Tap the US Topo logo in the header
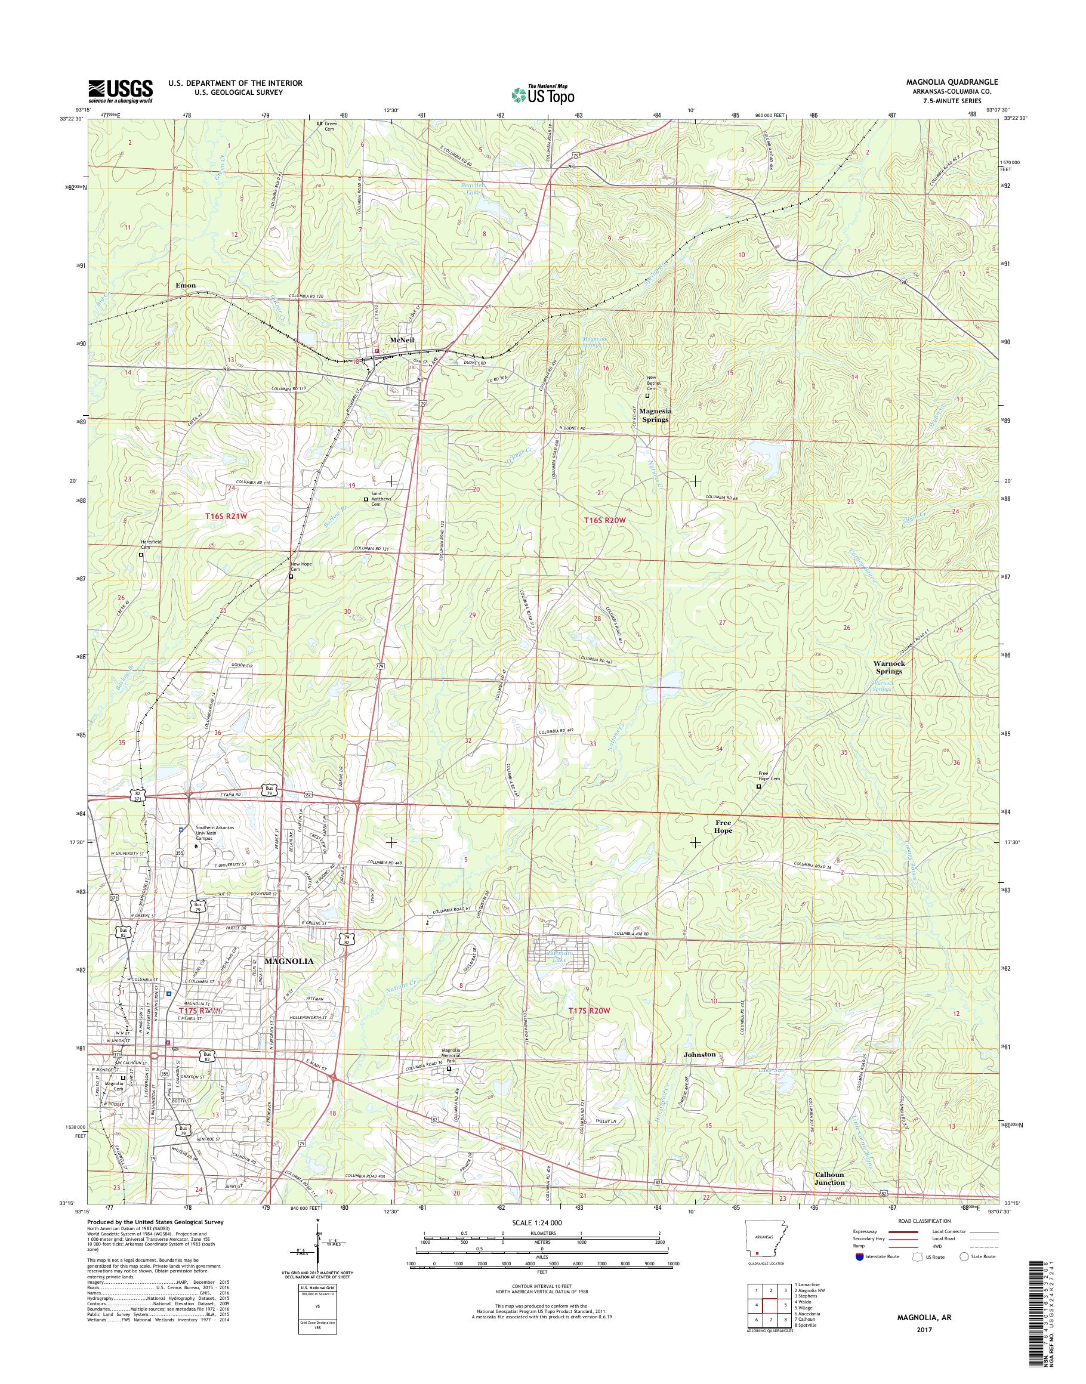pyautogui.click(x=543, y=94)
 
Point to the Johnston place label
pyautogui.click(x=699, y=1055)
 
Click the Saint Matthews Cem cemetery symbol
pyautogui.click(x=366, y=500)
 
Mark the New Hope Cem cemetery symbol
pyautogui.click(x=291, y=577)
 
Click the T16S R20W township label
pyautogui.click(x=604, y=520)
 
